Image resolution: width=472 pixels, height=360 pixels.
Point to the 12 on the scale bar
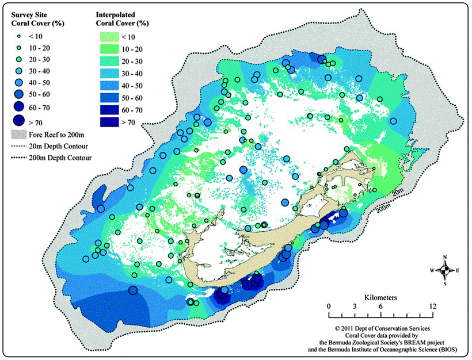tap(432, 307)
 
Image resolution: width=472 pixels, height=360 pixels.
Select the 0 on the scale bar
tap(329, 307)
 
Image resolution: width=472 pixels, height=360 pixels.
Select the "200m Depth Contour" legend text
tap(61, 157)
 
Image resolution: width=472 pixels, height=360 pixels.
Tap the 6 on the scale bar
tap(380, 307)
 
